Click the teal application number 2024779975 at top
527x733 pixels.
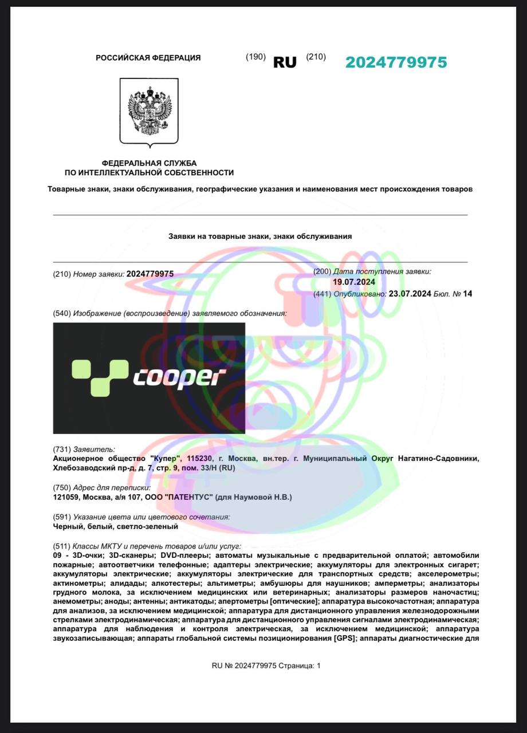tap(396, 62)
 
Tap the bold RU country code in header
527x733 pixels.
tap(285, 62)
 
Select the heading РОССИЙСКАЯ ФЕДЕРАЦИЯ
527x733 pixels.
tap(148, 58)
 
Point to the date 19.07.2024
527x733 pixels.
tap(354, 282)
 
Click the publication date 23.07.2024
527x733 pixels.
tap(410, 294)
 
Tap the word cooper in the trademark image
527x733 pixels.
tap(179, 377)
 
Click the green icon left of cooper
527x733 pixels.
tap(99, 377)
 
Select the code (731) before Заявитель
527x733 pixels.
tap(62, 450)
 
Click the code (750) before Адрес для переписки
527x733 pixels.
tap(62, 488)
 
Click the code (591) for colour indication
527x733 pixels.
tap(62, 517)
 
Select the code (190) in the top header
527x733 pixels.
tap(255, 57)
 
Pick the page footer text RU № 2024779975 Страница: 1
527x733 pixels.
tap(266, 665)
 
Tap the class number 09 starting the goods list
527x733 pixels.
tap(57, 556)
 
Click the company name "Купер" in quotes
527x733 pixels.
tap(161, 459)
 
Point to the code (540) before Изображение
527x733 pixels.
tap(62, 313)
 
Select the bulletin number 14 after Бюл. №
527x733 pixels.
tap(468, 294)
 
